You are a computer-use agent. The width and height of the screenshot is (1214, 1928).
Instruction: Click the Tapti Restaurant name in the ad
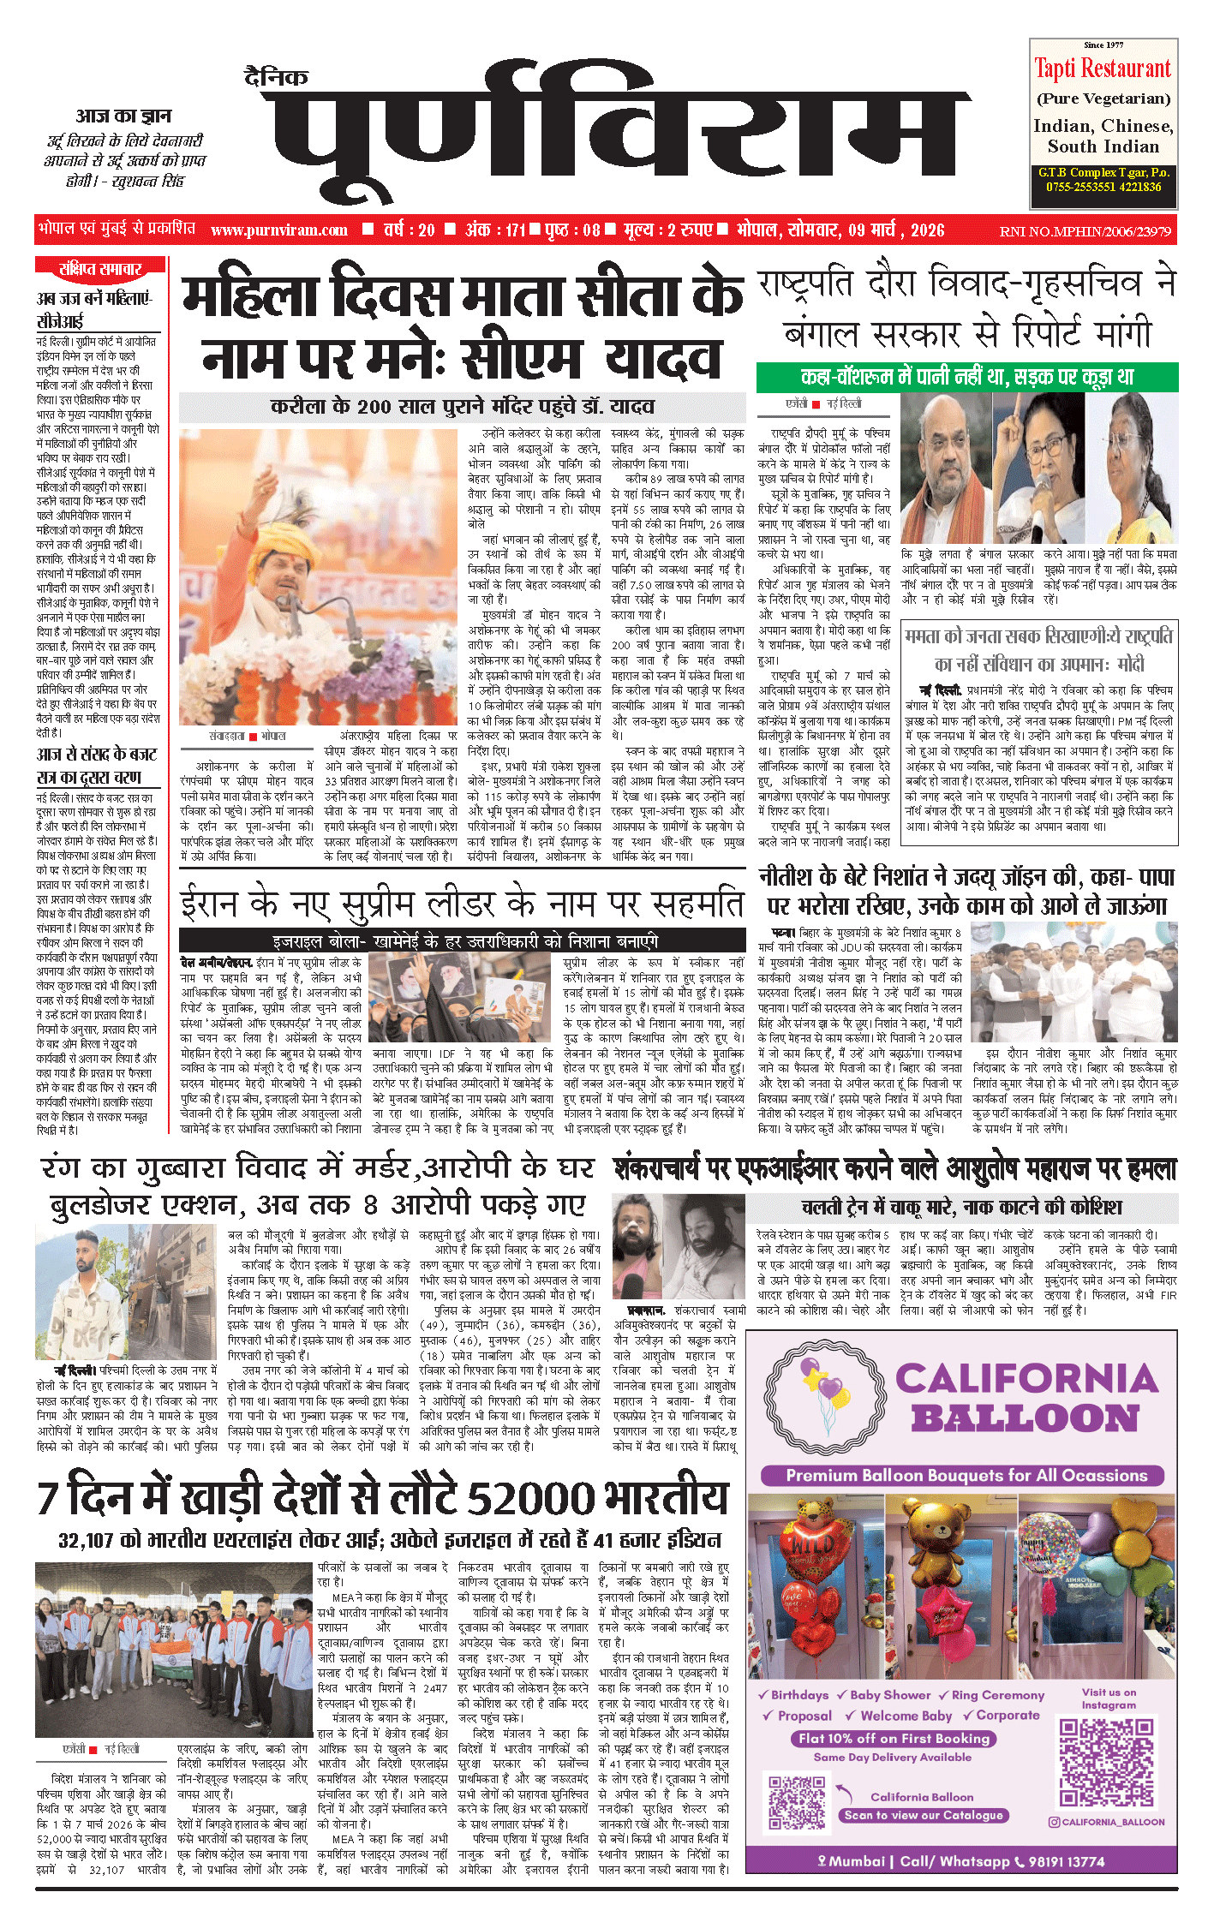click(1103, 69)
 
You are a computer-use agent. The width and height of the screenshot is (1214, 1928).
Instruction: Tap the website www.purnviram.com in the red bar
click(279, 230)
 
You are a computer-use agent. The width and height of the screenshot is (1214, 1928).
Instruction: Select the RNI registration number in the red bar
click(1085, 231)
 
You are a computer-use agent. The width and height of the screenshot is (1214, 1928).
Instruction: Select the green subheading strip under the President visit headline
click(966, 377)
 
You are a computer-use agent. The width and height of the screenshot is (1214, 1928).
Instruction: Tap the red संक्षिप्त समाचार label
click(100, 269)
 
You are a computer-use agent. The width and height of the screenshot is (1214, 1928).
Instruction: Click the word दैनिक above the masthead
click(276, 78)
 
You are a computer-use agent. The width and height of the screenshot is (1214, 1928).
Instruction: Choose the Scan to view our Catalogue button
click(922, 1815)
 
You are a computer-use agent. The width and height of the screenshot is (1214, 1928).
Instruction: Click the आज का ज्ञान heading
click(123, 116)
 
